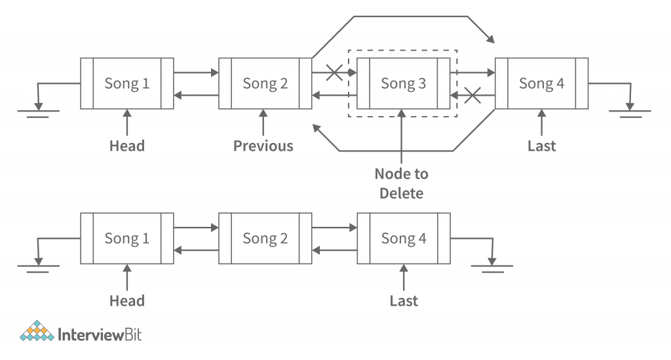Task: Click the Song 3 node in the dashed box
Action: click(x=403, y=83)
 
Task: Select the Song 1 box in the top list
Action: click(x=127, y=83)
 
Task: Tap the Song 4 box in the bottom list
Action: click(x=403, y=238)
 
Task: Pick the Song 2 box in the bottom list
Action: click(x=265, y=238)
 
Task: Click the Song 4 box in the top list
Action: click(x=541, y=83)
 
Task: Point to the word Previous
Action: click(x=263, y=146)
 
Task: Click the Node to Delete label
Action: click(x=402, y=184)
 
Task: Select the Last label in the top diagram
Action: click(x=541, y=146)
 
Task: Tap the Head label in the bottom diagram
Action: click(x=127, y=301)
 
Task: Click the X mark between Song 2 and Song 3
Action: click(x=334, y=72)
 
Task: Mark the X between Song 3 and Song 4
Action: click(x=472, y=96)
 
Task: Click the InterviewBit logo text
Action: click(x=100, y=335)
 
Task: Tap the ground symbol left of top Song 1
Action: click(x=39, y=109)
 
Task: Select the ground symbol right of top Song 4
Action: click(x=630, y=109)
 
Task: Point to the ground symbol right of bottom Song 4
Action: click(x=491, y=264)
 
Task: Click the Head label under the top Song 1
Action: click(x=127, y=146)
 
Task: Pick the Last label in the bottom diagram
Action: click(x=403, y=301)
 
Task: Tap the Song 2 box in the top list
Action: click(x=265, y=83)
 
